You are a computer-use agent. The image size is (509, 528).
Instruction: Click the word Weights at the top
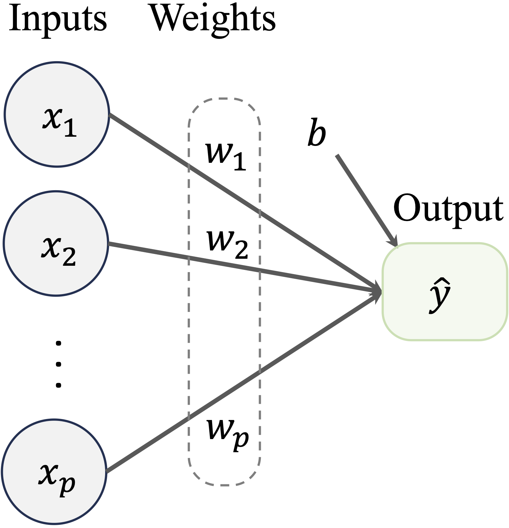213,19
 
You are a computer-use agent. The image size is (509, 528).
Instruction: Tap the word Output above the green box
448,209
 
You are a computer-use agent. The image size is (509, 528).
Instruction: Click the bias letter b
317,132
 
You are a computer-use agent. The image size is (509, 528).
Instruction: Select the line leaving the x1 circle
153,143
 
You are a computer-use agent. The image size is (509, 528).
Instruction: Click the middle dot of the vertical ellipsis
58,364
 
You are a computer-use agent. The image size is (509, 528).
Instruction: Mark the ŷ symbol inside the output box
440,295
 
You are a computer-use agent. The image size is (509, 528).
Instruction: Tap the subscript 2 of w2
241,250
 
